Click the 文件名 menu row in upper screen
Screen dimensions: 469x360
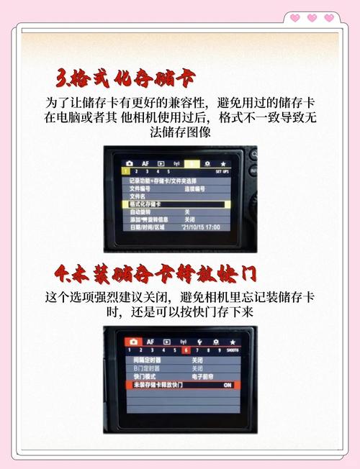pos(138,196)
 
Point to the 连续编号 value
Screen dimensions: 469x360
pos(195,188)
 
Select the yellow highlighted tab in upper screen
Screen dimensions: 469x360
pos(189,164)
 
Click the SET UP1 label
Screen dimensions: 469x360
pos(222,173)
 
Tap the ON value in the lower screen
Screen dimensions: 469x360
pos(227,386)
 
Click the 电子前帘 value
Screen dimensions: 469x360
pos(202,376)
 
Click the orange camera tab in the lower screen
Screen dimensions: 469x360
pos(133,341)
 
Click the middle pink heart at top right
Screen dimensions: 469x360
pos(311,17)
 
